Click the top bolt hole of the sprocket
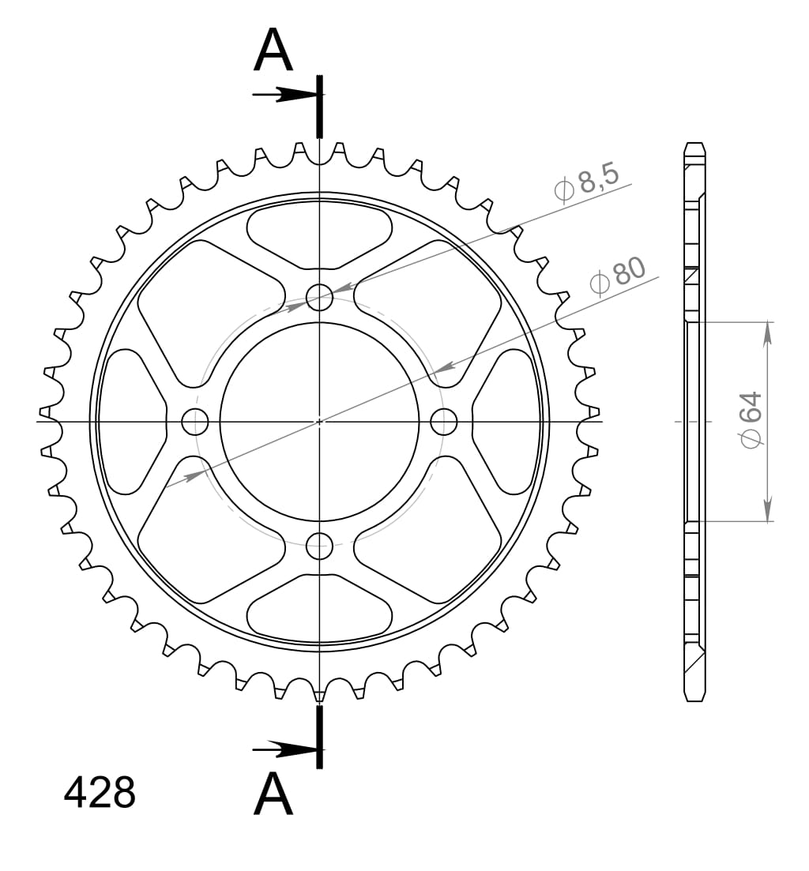coord(319,298)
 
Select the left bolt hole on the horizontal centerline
coord(195,422)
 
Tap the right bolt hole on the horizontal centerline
coord(444,422)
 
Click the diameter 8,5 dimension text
coord(589,183)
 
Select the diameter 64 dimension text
coord(751,419)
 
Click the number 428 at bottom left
coord(100,794)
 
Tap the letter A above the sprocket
coord(273,51)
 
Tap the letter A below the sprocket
coord(273,794)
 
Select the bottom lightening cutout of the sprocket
coord(319,608)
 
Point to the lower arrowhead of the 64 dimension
coord(766,509)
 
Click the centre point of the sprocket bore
coord(319,422)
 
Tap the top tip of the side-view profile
coord(694,145)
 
